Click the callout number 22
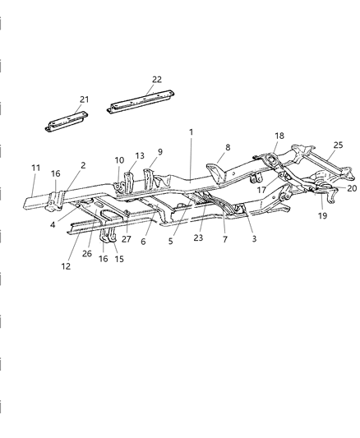157,80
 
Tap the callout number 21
84,99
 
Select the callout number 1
191,131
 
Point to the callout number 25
338,145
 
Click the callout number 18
279,136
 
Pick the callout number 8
228,147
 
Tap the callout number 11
35,168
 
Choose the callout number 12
66,266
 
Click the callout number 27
127,239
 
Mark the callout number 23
198,237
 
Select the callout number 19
322,215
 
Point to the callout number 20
352,188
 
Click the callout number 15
119,259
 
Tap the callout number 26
87,253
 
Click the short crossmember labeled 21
67,122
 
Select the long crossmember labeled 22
141,101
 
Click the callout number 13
140,155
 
